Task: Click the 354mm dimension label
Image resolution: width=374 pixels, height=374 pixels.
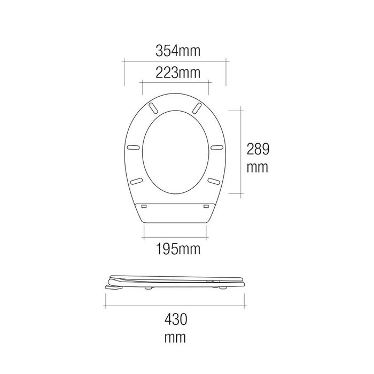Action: pos(175,51)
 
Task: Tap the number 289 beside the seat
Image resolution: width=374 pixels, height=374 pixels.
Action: pos(258,149)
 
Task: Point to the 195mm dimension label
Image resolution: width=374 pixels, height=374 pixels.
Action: pos(175,248)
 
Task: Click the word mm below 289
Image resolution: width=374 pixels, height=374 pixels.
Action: pos(258,167)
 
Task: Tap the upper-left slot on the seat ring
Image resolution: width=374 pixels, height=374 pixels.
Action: pos(154,107)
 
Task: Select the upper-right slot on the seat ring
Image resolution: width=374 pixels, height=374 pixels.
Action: pos(196,107)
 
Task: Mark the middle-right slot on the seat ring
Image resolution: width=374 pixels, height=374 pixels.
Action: pos(217,147)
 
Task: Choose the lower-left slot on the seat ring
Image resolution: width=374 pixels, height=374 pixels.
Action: pos(136,181)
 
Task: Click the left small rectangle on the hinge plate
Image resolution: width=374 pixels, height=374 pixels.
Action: pos(144,205)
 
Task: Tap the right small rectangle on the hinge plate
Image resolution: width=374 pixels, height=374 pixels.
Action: pos(206,205)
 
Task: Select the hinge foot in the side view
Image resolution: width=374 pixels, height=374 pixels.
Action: pos(113,287)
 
